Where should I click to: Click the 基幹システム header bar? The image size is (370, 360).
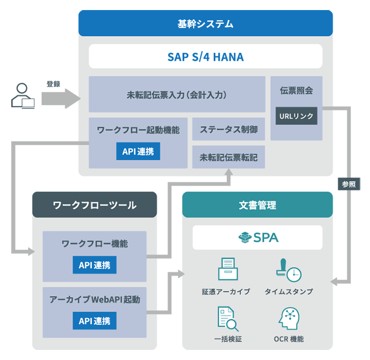205,24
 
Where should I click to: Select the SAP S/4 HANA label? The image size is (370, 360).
205,56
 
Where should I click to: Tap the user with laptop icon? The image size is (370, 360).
23,96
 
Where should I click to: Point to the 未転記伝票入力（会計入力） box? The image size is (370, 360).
177,95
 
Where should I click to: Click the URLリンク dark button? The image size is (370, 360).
296,116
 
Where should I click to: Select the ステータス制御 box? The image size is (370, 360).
229,129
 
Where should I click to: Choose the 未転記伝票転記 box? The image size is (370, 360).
229,157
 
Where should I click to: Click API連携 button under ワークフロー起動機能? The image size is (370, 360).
138,151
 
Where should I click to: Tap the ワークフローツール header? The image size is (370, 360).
95,205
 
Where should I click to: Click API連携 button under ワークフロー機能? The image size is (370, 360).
95,264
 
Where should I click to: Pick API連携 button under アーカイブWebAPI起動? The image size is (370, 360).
95,320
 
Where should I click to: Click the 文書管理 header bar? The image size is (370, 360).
257,205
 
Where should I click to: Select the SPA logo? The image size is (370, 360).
257,238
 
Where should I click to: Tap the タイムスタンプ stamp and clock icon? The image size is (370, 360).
288,269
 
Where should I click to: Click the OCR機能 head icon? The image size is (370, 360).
289,318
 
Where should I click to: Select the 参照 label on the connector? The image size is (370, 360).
349,185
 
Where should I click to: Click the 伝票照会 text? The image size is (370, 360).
296,90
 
